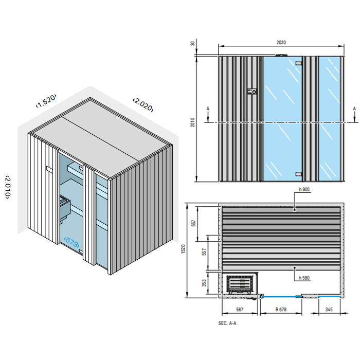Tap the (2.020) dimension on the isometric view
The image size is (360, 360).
[x=143, y=104]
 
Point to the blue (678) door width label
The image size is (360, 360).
[x=72, y=242]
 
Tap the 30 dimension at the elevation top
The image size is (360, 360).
[x=193, y=44]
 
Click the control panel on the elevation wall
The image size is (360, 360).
[x=251, y=92]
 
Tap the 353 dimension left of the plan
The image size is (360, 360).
[x=204, y=283]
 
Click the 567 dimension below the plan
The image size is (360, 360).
[x=240, y=310]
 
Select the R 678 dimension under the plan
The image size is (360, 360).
[x=281, y=310]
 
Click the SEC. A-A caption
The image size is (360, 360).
[x=227, y=324]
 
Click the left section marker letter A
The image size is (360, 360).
[x=208, y=109]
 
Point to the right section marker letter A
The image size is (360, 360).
[x=354, y=109]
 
